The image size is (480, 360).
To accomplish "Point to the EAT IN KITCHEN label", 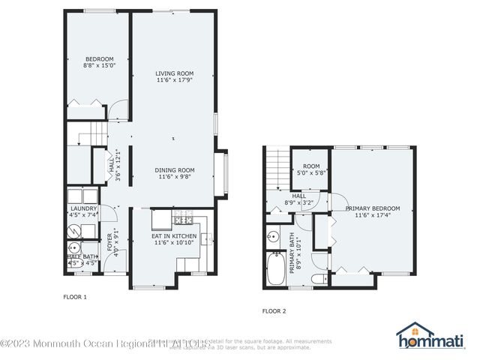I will (174, 239).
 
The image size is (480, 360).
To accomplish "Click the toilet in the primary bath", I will (318, 278).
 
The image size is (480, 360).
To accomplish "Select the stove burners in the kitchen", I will (183, 218).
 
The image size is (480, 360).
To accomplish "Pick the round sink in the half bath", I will (74, 247).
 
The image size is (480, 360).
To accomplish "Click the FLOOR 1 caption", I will (74, 297).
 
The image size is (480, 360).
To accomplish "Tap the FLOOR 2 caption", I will (274, 310).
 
